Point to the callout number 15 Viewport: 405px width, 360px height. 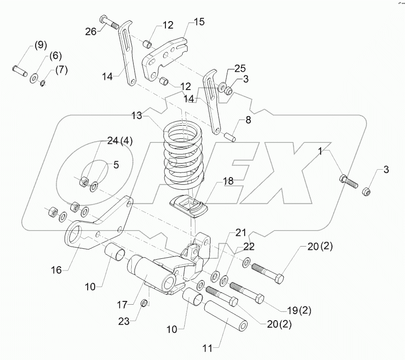[x=199, y=22]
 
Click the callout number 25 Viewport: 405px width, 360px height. [x=240, y=69]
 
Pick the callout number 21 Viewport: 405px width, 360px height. [x=240, y=233]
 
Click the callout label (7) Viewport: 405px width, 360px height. [x=61, y=70]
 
